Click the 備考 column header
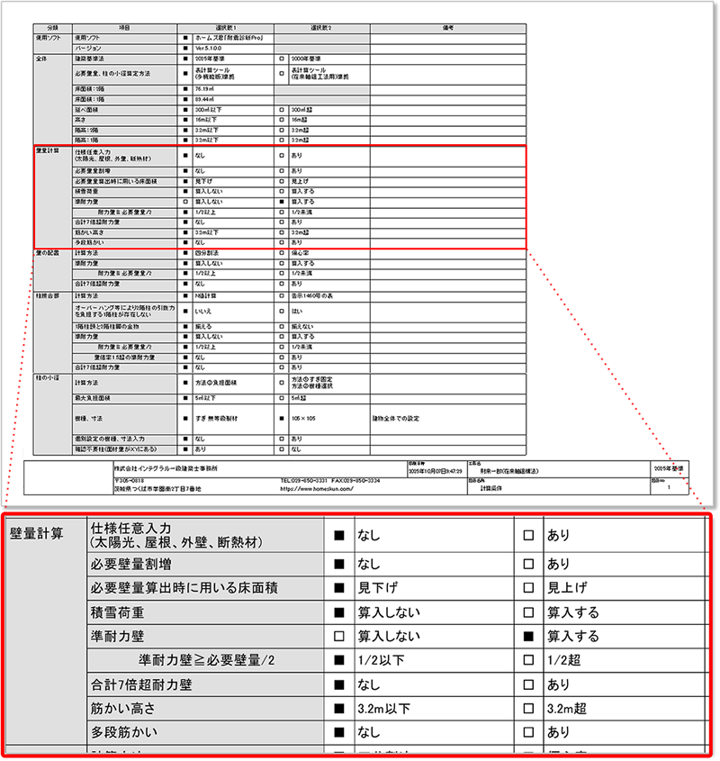point(447,29)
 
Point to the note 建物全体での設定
point(396,418)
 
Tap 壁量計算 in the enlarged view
point(36,532)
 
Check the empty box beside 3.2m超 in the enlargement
point(528,709)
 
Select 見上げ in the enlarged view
point(567,588)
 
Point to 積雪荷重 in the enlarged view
point(120,612)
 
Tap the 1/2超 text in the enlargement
point(563,660)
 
